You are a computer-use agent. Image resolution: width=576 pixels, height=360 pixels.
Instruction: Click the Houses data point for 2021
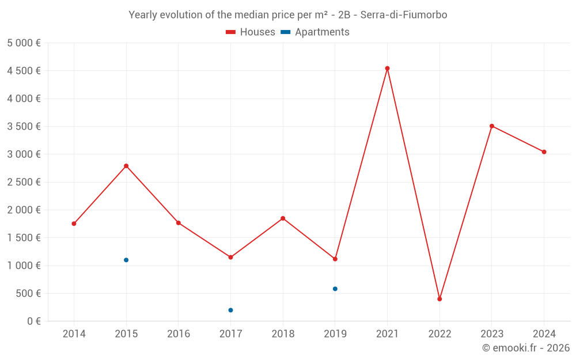(x=387, y=69)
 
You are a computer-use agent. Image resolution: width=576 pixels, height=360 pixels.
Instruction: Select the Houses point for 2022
(x=439, y=299)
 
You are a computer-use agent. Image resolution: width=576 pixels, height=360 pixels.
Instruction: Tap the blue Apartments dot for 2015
(x=126, y=260)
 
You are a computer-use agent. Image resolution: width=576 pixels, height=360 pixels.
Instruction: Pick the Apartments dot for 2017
(x=230, y=310)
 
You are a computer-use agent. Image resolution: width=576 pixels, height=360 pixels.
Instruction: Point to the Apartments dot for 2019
(x=335, y=289)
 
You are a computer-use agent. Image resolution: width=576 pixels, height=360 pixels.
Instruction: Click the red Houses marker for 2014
(x=74, y=223)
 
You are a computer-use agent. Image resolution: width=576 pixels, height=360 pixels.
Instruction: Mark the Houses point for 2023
(x=492, y=126)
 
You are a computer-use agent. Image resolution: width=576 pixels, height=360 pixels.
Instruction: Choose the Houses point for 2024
(x=544, y=152)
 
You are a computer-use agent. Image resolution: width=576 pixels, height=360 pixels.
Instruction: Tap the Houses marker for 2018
(x=283, y=218)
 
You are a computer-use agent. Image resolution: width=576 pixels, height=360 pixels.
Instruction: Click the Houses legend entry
(x=251, y=32)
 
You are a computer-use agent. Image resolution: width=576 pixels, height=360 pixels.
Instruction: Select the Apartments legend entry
(x=315, y=32)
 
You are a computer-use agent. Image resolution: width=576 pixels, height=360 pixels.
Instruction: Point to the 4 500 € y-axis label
(x=24, y=71)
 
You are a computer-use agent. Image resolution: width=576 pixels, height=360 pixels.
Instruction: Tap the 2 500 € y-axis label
(x=24, y=182)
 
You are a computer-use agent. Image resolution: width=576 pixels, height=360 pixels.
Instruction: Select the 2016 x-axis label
(x=179, y=334)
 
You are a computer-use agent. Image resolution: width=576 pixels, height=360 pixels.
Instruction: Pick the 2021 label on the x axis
(x=387, y=334)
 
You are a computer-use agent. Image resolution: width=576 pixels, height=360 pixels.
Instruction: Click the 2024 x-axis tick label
(x=544, y=334)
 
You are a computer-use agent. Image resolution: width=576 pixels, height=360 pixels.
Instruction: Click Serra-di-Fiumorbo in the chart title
(x=404, y=14)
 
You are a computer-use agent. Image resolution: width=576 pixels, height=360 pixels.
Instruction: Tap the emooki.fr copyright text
(x=526, y=348)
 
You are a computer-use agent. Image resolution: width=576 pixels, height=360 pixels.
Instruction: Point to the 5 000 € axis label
(x=24, y=43)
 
